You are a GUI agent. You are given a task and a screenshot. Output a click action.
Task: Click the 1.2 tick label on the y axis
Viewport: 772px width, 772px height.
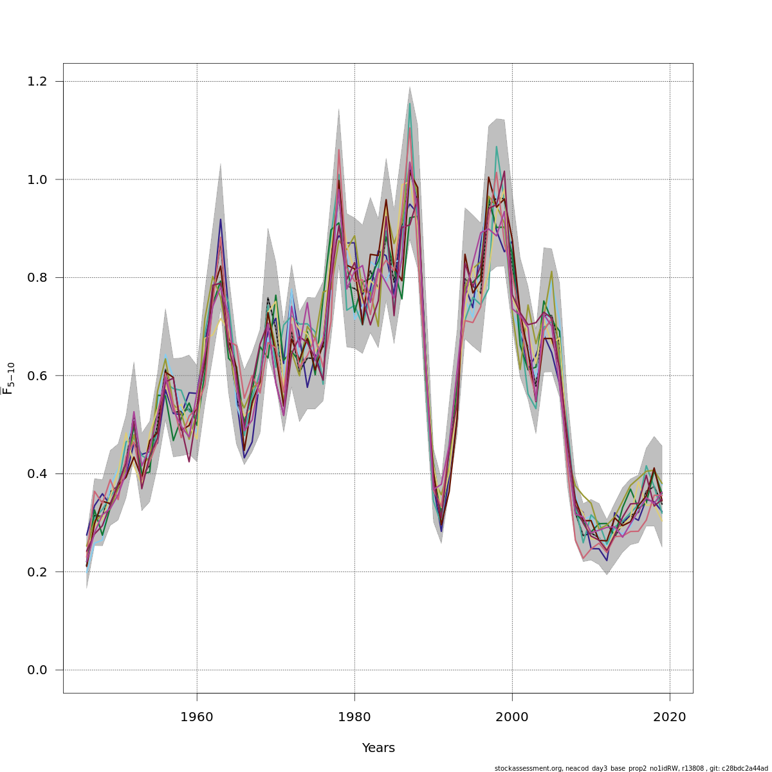tap(37, 81)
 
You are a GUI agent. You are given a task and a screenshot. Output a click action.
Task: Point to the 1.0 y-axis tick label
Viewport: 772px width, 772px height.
tap(37, 179)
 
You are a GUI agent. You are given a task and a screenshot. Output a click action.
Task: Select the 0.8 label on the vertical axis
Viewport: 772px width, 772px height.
tap(37, 277)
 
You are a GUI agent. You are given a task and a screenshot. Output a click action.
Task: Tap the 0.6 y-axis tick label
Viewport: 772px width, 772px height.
tap(37, 376)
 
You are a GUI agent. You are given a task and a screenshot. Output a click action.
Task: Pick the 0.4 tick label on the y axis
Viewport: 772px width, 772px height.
tap(37, 473)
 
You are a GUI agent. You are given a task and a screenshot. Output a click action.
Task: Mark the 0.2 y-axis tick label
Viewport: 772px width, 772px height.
tap(37, 572)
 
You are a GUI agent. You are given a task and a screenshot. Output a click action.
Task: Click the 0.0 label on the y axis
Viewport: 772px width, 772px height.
tap(37, 670)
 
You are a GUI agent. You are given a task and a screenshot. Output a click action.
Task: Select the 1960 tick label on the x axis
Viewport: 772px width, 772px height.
tap(197, 717)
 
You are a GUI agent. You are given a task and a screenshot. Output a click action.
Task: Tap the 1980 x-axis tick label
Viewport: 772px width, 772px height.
tap(354, 717)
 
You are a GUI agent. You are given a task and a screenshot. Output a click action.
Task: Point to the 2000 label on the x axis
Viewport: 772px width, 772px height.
tap(512, 717)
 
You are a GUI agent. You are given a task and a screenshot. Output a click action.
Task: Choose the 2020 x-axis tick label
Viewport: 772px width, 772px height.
tap(670, 717)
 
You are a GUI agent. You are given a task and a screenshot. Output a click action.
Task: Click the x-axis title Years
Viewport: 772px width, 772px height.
tap(378, 748)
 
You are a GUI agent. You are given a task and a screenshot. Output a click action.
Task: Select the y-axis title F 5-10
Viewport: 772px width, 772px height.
tap(9, 378)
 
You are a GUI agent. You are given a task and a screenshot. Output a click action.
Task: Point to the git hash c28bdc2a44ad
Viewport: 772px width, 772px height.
tap(746, 768)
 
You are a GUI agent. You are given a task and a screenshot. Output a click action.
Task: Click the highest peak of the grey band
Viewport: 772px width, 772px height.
tap(410, 87)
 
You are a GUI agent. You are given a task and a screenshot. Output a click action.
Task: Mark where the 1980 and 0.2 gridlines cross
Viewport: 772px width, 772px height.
tap(354, 572)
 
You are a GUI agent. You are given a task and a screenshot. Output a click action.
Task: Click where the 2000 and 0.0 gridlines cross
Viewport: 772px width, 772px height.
tap(512, 670)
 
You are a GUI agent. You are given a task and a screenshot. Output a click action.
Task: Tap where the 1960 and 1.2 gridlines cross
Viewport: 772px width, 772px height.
tap(197, 81)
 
